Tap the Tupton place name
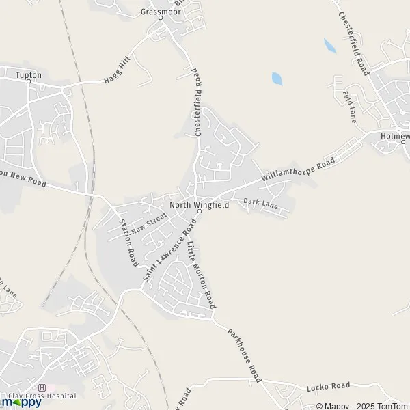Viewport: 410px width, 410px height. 29,74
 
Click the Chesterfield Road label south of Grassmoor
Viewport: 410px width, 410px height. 196,102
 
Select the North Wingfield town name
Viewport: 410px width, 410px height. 199,204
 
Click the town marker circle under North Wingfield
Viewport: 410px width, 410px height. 199,211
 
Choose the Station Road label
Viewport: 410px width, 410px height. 128,243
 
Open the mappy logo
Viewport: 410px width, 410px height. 22,402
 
